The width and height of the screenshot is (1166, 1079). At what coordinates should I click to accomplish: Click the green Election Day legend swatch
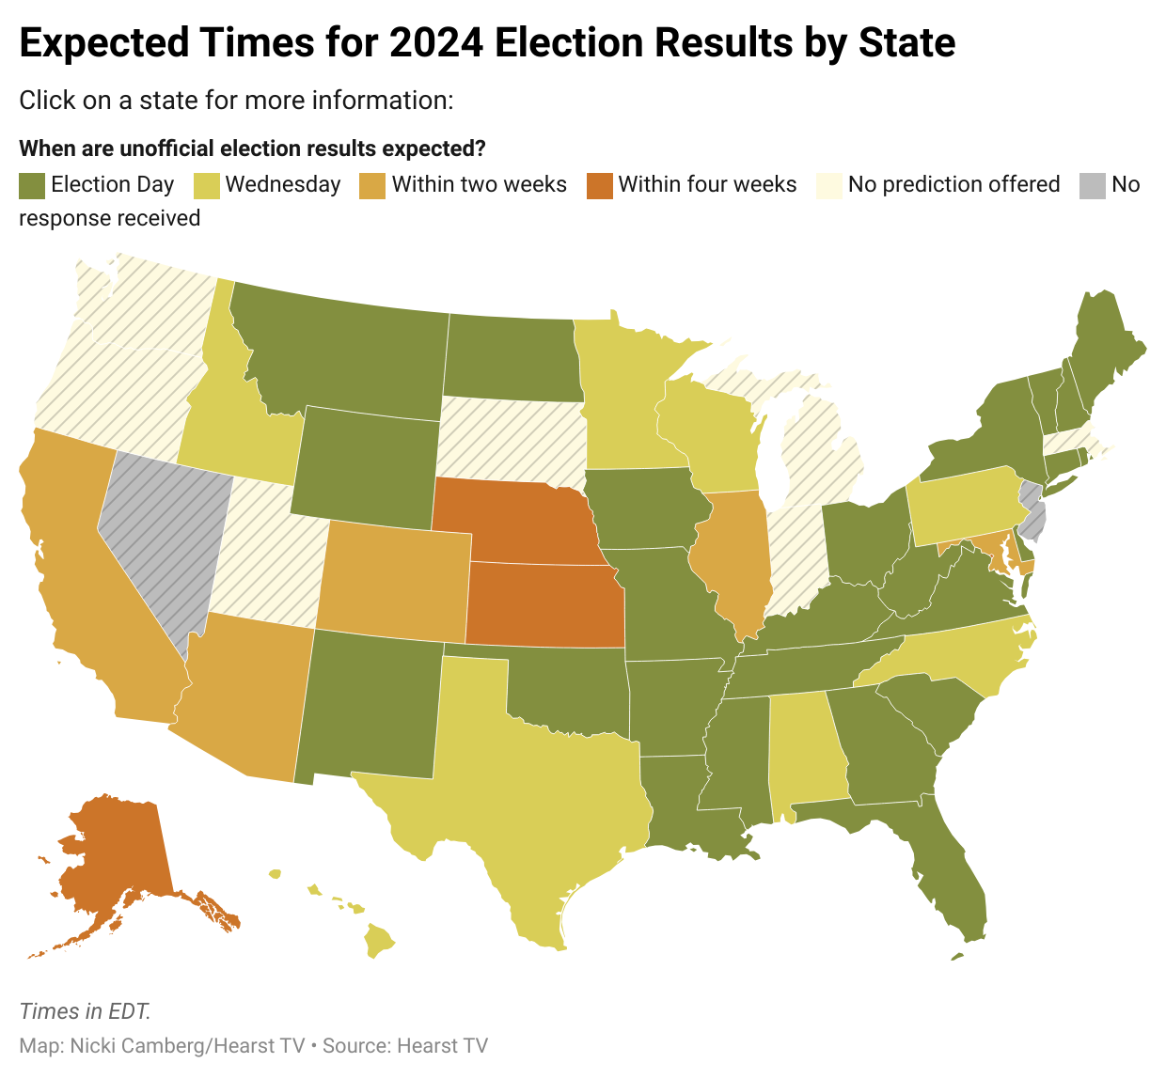[32, 185]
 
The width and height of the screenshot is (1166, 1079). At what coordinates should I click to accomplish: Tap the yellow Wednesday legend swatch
[207, 185]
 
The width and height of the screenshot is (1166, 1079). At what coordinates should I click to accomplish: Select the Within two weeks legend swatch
[372, 185]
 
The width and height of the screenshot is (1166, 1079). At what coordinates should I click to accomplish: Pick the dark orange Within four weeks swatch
[599, 185]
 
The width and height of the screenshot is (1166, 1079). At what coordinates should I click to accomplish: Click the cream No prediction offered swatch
[829, 185]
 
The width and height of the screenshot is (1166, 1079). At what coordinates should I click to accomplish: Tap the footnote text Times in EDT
[85, 1011]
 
